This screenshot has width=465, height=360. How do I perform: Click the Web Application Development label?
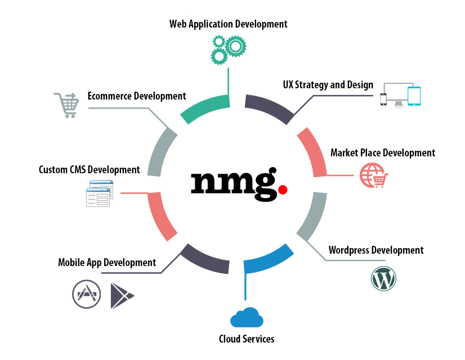(228, 24)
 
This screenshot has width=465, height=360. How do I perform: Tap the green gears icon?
(228, 49)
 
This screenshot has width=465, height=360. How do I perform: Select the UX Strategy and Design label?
(328, 85)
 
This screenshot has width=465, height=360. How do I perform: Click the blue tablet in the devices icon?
(414, 96)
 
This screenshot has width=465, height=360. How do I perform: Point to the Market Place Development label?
(382, 152)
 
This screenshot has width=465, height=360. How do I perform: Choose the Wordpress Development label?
(376, 250)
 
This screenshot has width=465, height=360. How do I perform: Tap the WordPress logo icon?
(384, 278)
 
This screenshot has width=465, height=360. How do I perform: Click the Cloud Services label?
(247, 339)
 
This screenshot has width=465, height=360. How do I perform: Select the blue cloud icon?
(247, 318)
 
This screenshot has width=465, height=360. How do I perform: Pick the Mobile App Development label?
(107, 262)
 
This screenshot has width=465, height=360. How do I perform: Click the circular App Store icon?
(86, 294)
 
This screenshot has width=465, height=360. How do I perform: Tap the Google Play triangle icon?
(121, 295)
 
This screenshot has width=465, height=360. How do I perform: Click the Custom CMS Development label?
(89, 169)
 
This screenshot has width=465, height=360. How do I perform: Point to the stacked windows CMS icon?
(99, 192)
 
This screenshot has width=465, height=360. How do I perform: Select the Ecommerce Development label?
(137, 96)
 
